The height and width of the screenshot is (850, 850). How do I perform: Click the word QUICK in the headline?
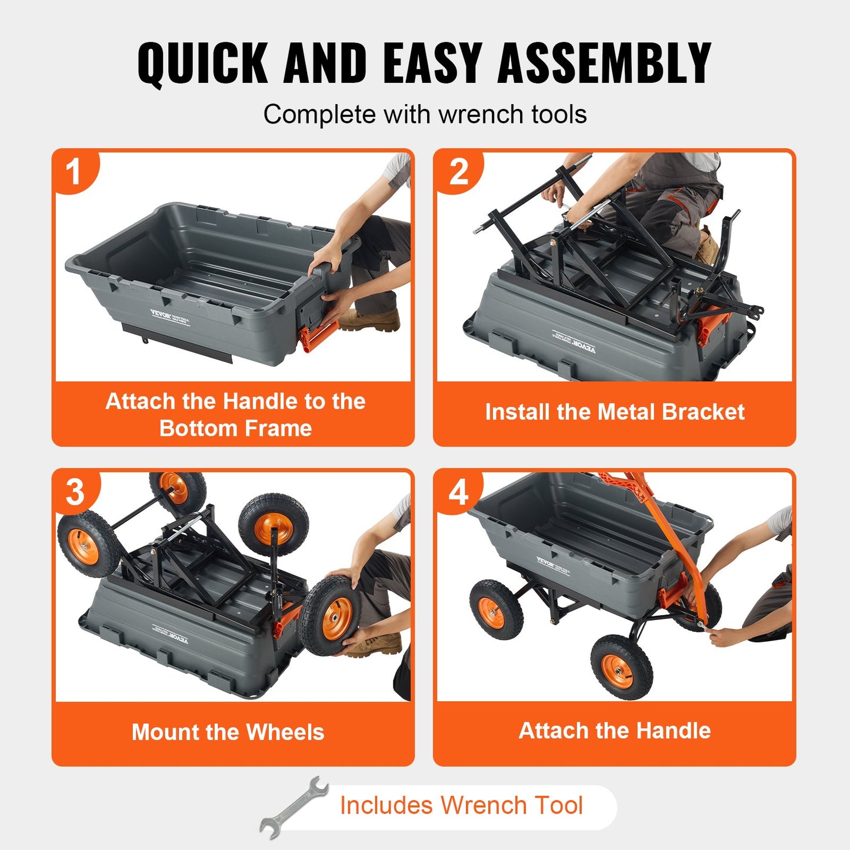pyautogui.click(x=203, y=64)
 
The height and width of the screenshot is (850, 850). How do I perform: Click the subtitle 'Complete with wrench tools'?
pyautogui.click(x=425, y=114)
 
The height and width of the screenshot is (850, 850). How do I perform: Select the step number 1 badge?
pyautogui.click(x=74, y=172)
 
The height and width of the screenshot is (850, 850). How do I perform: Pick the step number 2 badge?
pyautogui.click(x=458, y=172)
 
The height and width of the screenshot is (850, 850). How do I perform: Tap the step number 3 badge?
pyautogui.click(x=75, y=492)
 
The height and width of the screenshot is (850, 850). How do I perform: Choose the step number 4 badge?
pyautogui.click(x=458, y=492)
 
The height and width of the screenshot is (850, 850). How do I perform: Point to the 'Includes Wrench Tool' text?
pyautogui.click(x=461, y=805)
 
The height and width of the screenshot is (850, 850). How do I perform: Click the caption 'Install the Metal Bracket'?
pyautogui.click(x=614, y=412)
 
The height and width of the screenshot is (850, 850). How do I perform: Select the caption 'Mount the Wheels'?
pyautogui.click(x=228, y=732)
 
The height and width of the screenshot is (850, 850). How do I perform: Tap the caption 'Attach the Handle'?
pyautogui.click(x=614, y=731)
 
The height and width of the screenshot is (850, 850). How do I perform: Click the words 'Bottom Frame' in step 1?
pyautogui.click(x=235, y=428)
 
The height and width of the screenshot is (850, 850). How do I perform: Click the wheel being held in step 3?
pyautogui.click(x=328, y=616)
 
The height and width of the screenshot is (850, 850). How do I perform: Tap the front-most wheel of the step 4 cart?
pyautogui.click(x=621, y=668)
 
